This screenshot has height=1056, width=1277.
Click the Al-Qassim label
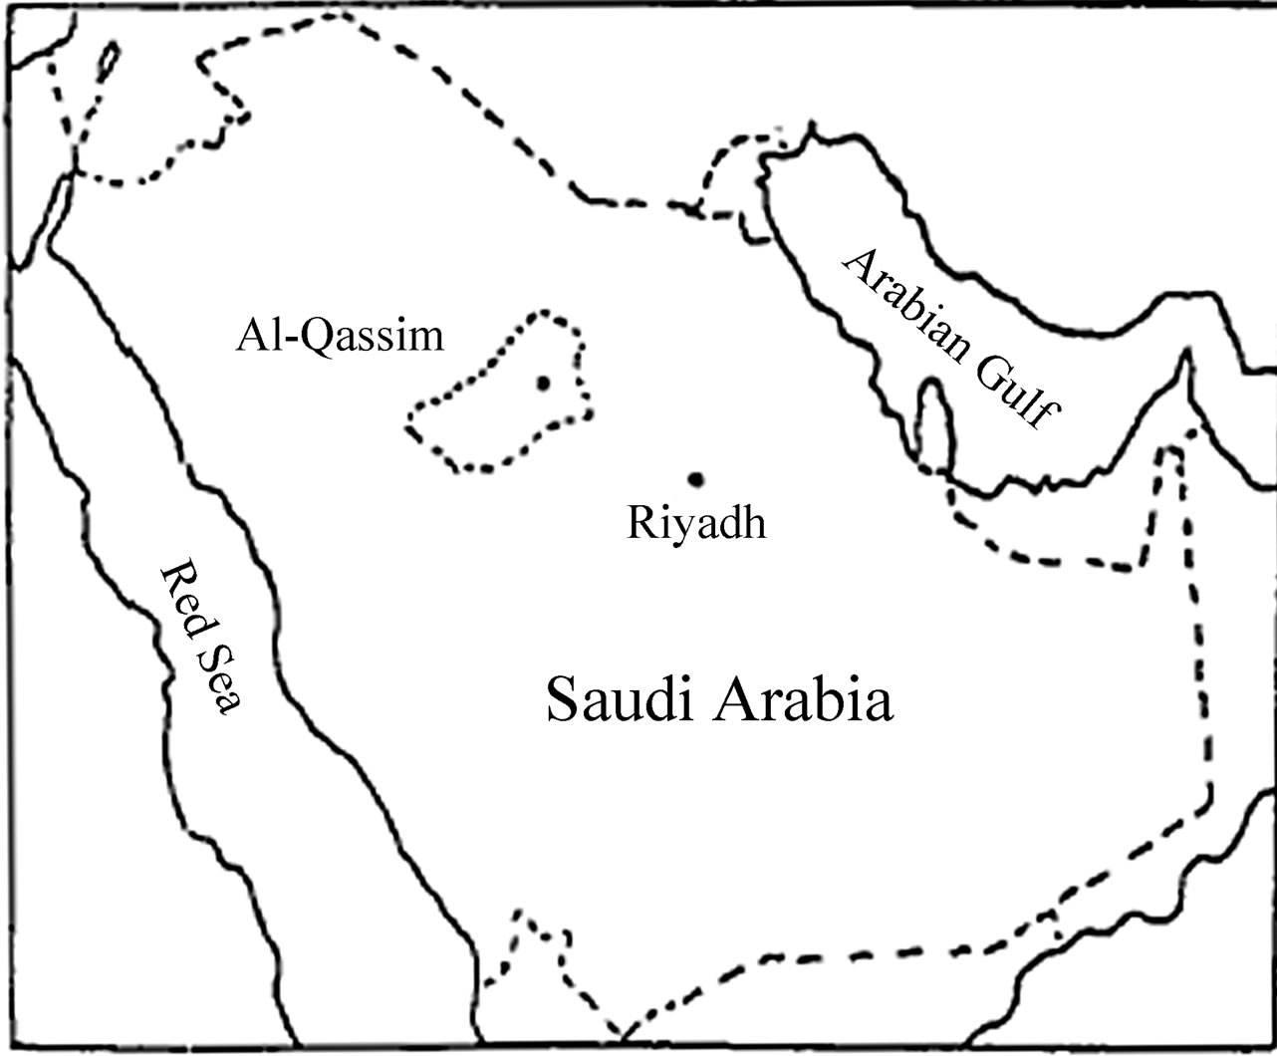pyautogui.click(x=340, y=338)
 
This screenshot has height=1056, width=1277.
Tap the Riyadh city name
pyautogui.click(x=696, y=522)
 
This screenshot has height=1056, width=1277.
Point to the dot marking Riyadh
pyautogui.click(x=696, y=480)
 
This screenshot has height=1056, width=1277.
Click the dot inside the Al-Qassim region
pyautogui.click(x=543, y=383)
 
